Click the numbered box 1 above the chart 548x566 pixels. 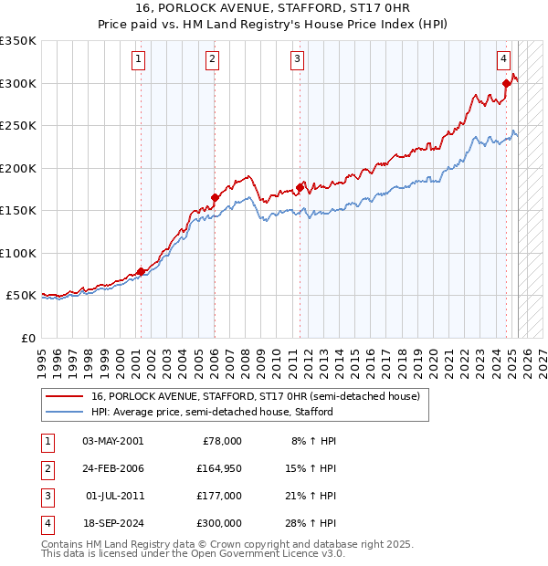138,60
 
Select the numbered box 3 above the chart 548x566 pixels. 298,60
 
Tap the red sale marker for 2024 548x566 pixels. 506,85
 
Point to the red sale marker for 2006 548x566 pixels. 215,197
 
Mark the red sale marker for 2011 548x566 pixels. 300,187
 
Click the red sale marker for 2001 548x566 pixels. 141,271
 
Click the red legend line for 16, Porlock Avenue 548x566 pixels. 64,396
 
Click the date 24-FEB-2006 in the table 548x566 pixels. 113,468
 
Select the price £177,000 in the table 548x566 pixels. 219,496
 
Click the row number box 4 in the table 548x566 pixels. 47,523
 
